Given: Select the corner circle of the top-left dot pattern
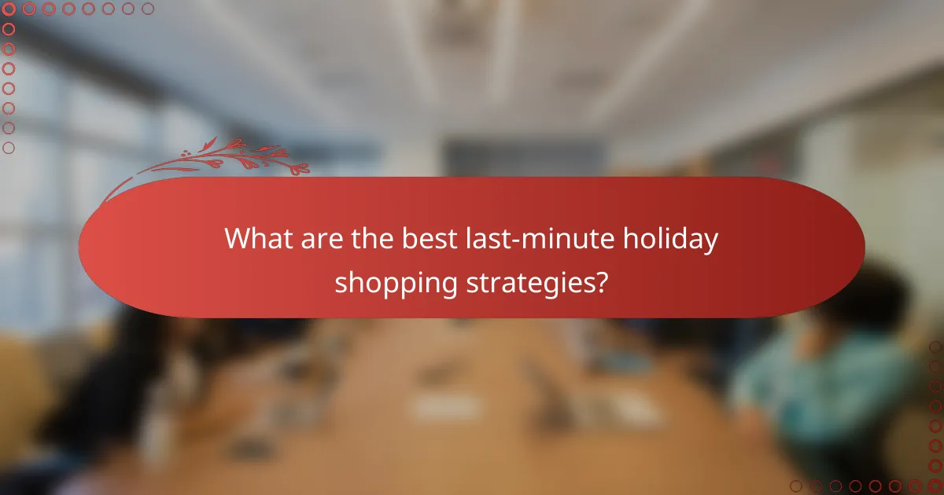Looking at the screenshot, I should pyautogui.click(x=9, y=9).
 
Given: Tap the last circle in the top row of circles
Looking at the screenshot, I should pyautogui.click(x=148, y=9).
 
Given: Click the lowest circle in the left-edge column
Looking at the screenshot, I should pyautogui.click(x=9, y=148).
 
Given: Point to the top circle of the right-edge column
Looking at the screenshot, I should pyautogui.click(x=935, y=346).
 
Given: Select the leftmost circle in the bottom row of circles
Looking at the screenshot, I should pyautogui.click(x=796, y=486).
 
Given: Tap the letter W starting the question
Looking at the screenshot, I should pyautogui.click(x=235, y=239).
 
